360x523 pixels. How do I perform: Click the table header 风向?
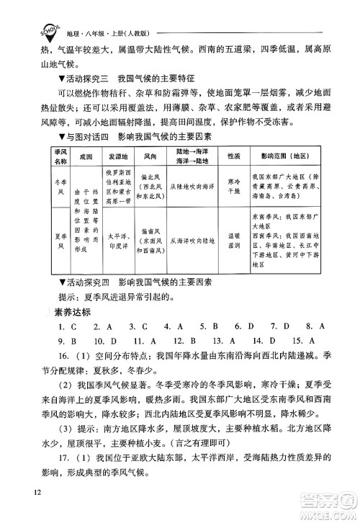pyautogui.click(x=150, y=155)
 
